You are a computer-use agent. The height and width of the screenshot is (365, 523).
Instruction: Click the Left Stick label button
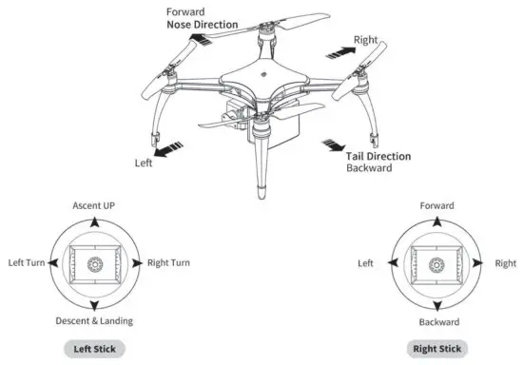click(95, 349)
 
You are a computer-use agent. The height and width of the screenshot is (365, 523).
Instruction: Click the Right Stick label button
click(436, 349)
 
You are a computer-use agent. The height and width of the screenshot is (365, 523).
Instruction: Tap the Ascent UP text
click(95, 205)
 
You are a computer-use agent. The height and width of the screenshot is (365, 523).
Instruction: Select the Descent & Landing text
click(95, 320)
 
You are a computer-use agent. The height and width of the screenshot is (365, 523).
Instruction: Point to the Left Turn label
click(30, 262)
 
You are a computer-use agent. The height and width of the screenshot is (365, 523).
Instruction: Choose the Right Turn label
click(163, 262)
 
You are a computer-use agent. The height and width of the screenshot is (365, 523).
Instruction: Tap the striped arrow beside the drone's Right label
click(339, 48)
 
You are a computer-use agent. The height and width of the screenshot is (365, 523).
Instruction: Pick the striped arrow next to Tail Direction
click(333, 144)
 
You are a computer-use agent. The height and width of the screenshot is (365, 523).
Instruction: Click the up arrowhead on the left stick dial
click(95, 221)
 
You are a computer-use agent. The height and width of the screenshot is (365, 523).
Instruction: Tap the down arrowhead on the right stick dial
click(436, 307)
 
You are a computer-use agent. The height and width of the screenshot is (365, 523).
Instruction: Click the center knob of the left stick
click(95, 264)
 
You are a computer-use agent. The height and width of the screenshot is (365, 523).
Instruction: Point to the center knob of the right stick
click(436, 264)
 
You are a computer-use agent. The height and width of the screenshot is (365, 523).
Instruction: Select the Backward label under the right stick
click(436, 322)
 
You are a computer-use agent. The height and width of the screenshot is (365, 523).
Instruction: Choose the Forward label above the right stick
click(436, 205)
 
